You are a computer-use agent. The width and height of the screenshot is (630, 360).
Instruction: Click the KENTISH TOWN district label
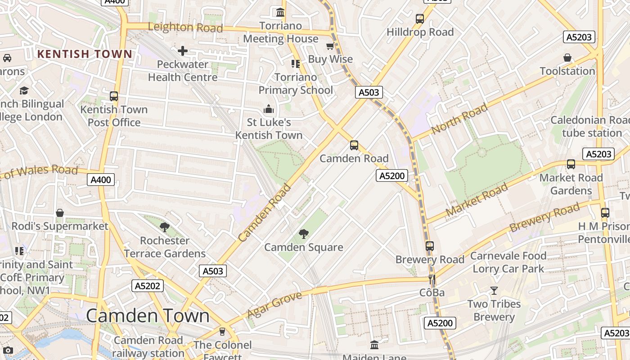coord(85,54)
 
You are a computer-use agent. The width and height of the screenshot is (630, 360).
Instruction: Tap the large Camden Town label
coord(148,316)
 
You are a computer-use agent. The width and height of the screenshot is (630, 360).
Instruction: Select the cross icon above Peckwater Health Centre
coord(182,51)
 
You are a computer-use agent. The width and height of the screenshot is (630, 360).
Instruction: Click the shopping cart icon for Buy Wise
coord(330,46)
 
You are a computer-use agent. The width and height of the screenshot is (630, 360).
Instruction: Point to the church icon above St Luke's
coord(269,109)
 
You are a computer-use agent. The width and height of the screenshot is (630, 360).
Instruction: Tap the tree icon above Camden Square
coord(304,234)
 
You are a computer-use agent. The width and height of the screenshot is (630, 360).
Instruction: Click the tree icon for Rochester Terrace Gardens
coord(165,227)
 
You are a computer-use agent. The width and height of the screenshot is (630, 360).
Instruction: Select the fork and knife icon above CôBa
coord(432,279)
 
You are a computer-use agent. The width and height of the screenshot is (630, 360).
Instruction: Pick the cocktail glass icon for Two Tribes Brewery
coord(494,291)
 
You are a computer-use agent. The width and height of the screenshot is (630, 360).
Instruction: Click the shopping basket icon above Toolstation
coord(567,58)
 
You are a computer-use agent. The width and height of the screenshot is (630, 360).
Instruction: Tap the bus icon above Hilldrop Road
coord(420,19)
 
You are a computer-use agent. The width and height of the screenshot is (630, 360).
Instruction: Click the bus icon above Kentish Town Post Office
coord(114,96)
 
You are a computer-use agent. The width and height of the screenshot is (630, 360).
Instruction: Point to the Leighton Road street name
coord(185,27)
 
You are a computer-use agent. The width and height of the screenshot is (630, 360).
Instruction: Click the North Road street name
coord(459,118)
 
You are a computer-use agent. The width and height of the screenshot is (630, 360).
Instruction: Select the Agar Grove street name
coord(274,305)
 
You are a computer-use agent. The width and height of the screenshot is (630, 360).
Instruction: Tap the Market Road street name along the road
coord(477,199)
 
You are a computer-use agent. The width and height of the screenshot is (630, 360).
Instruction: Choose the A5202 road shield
coord(147,285)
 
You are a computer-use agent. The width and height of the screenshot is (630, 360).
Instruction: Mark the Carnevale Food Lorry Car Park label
coord(508,262)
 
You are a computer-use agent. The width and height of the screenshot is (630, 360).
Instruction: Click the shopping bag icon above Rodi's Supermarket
coord(60,213)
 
